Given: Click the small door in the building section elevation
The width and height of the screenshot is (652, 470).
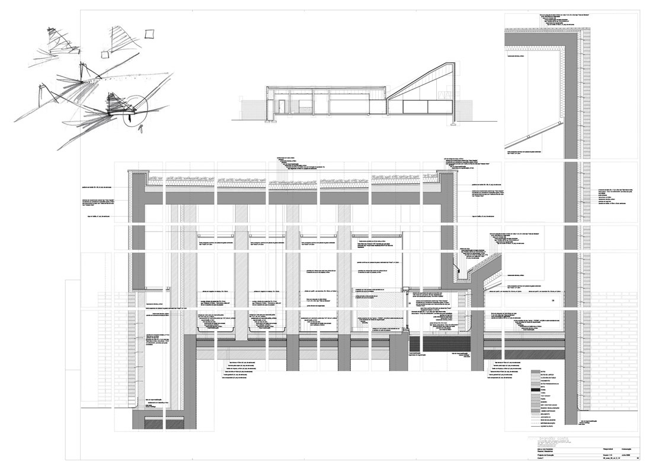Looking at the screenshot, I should (x=283, y=106).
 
